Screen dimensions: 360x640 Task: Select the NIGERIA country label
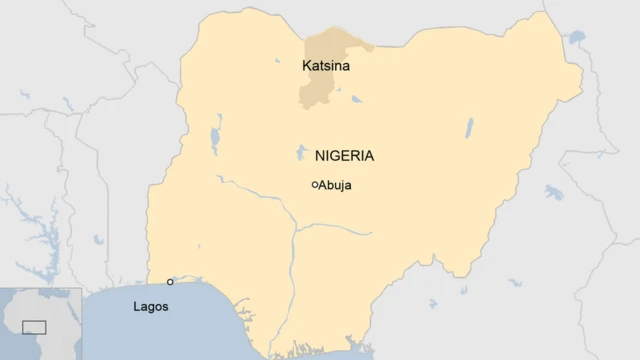tap(344, 156)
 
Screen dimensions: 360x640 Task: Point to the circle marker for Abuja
tap(315, 185)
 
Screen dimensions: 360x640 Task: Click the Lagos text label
tap(150, 306)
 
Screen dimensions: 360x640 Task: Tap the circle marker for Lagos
tap(170, 282)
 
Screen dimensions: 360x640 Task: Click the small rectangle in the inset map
tap(34, 327)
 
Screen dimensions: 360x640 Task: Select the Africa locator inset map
tap(40, 323)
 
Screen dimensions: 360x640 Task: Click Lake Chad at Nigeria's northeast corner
tap(577, 39)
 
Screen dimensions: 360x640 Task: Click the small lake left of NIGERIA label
tap(301, 153)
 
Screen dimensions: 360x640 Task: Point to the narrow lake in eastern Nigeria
tap(469, 127)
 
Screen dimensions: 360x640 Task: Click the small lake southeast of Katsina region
tap(356, 100)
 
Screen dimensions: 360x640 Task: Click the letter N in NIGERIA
tap(320, 156)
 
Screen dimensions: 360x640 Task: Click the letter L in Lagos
tap(137, 306)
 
